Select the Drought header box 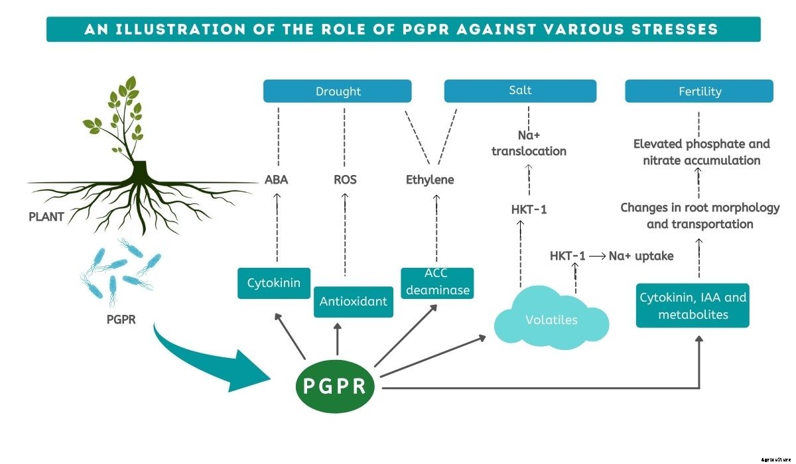click(338, 91)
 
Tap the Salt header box click(520, 91)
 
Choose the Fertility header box click(699, 91)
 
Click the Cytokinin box click(273, 283)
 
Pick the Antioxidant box click(353, 302)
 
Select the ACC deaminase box click(437, 283)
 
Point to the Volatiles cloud click(551, 319)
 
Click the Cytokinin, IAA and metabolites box click(693, 306)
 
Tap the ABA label click(276, 180)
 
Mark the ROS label click(345, 180)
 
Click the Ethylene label click(430, 180)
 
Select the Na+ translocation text click(529, 143)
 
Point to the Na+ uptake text click(641, 256)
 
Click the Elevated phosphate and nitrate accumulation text click(701, 152)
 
